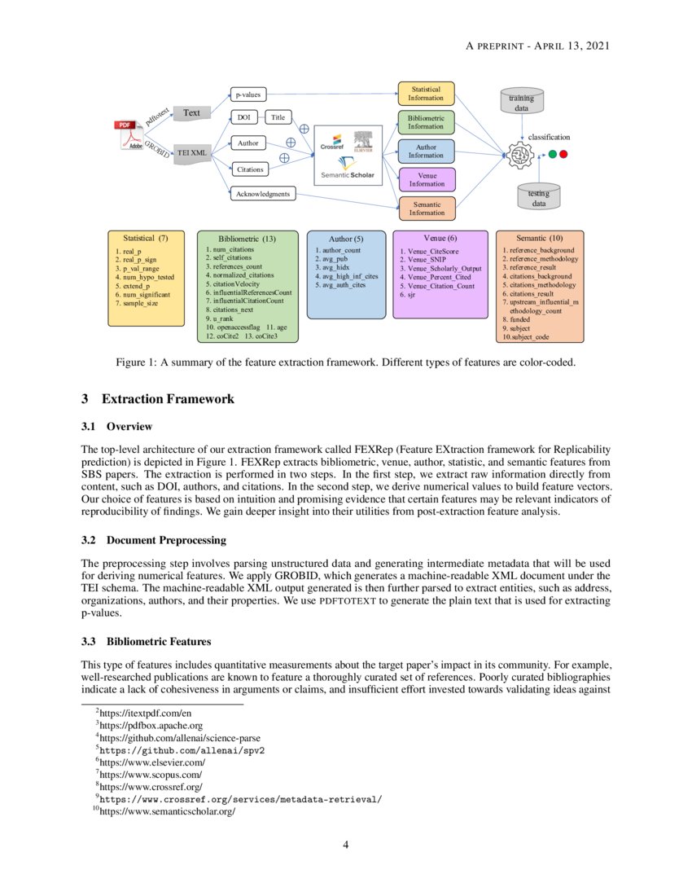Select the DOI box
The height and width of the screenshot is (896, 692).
[244, 117]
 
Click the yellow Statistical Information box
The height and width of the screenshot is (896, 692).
[425, 93]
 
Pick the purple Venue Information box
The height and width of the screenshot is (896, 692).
[427, 179]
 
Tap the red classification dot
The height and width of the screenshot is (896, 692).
[564, 153]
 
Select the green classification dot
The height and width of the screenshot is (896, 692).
[553, 153]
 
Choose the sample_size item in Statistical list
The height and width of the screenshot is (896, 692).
[136, 303]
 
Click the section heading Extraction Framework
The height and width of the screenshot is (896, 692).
[168, 399]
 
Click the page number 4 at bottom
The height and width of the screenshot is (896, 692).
[345, 845]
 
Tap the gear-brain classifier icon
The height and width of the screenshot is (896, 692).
[517, 154]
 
